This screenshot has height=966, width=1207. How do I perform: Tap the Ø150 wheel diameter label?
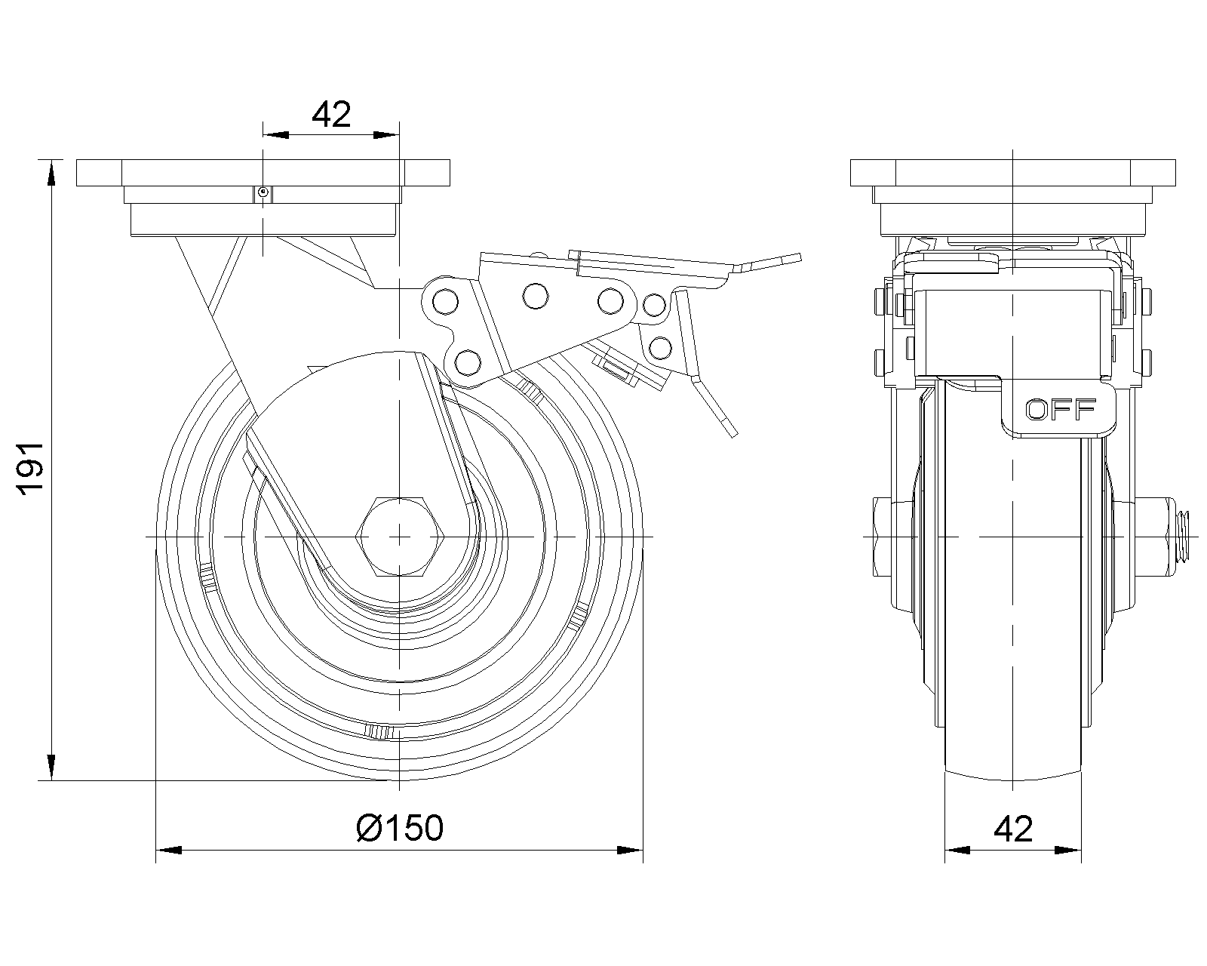pos(400,829)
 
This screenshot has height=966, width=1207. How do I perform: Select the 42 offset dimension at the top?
pos(331,114)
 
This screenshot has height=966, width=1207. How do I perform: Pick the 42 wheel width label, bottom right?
pos(1012,829)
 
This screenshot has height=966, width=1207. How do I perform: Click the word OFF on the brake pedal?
pos(1060,409)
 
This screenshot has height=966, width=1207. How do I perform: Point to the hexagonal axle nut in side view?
pos(398,536)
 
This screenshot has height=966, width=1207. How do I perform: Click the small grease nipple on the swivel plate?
pos(262,193)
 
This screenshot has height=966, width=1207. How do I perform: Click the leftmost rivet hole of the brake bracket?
pos(445,300)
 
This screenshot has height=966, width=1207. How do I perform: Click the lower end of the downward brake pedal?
pos(730,431)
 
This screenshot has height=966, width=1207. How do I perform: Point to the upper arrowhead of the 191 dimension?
pos(51,172)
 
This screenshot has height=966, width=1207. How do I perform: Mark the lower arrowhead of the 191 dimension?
pos(51,768)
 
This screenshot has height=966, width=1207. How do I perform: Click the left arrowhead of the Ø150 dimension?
pos(168,851)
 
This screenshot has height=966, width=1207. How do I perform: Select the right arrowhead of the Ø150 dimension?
pos(630,851)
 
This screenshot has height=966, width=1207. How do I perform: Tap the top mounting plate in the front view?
pos(263,173)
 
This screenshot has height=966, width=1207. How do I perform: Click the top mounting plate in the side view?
pos(1012,173)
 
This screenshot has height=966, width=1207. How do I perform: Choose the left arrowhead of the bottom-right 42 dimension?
pos(957,851)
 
